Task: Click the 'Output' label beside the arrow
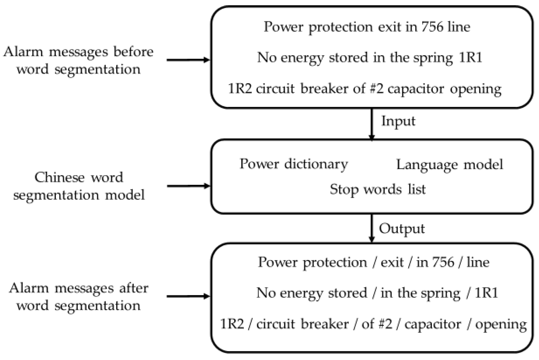[x=402, y=229]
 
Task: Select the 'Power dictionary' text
[x=293, y=164]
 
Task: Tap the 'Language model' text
[x=449, y=165]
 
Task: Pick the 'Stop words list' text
[x=377, y=190]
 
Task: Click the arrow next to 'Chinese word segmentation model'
[x=188, y=186]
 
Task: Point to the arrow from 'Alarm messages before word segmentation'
[x=188, y=60]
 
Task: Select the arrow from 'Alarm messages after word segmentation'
[x=188, y=297]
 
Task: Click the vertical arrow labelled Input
[x=371, y=124]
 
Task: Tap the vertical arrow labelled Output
[x=371, y=228]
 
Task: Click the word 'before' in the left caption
[x=133, y=52]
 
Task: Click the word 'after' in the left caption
[x=134, y=288]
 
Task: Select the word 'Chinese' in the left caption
[x=59, y=177]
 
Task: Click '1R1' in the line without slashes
[x=470, y=57]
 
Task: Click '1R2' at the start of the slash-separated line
[x=232, y=324]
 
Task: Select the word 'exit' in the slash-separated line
[x=392, y=262]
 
